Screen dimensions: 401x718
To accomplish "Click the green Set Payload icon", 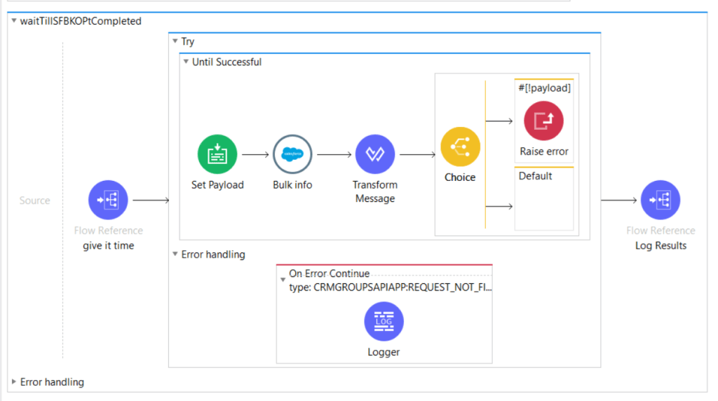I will pos(217,154).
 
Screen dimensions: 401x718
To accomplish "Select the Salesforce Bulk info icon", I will pos(292,154).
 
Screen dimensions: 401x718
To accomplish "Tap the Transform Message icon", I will pos(375,154).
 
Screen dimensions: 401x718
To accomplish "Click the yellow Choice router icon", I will pos(460,147).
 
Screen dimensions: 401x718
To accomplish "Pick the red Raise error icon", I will pos(543,121).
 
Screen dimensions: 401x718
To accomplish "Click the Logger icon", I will pos(384,321).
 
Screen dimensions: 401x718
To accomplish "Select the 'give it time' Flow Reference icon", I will pos(108,200).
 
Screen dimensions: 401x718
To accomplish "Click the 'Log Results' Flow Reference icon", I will pos(661,200).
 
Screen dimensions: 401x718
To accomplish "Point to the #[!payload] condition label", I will pos(544,88).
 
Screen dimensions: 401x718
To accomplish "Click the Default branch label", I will pos(536,176).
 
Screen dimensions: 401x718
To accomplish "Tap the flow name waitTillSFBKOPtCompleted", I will pos(81,21).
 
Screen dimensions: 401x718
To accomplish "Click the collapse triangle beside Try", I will pos(175,42).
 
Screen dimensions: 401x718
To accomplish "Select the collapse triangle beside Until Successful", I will pos(186,62).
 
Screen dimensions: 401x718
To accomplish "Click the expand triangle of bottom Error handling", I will pos(14,382).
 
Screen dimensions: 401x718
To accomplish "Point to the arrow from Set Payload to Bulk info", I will pos(255,154).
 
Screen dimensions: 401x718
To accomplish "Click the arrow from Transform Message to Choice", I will pos(417,154).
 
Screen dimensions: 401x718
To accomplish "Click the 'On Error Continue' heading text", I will pos(329,273).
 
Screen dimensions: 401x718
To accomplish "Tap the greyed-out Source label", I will pos(34,200).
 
